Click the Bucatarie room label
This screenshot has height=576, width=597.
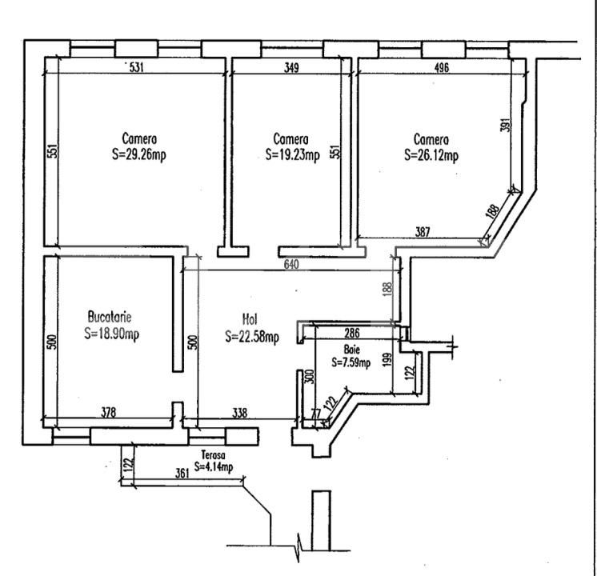click(110, 317)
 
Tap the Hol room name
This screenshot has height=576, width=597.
click(250, 319)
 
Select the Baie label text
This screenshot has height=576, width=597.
click(351, 349)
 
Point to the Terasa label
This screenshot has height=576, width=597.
click(213, 454)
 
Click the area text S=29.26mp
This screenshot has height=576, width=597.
click(139, 154)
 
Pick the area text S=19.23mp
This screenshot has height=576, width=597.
click(292, 155)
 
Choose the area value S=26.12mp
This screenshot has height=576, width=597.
click(431, 155)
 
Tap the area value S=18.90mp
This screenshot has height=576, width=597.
click(111, 334)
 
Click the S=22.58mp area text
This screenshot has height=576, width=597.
click(252, 336)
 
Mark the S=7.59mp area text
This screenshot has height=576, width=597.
click(351, 362)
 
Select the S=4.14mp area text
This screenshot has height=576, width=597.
click(213, 466)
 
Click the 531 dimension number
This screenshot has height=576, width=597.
click(137, 67)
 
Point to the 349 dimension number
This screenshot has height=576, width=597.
click(291, 68)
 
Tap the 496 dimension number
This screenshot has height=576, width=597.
click(442, 68)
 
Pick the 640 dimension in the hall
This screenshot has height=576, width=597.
click(291, 264)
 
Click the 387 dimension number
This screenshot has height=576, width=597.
click(423, 231)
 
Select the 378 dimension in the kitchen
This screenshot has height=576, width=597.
click(109, 412)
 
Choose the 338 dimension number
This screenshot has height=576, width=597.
click(239, 412)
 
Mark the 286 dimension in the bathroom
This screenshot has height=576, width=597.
click(352, 333)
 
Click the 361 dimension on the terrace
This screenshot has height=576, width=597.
click(182, 474)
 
